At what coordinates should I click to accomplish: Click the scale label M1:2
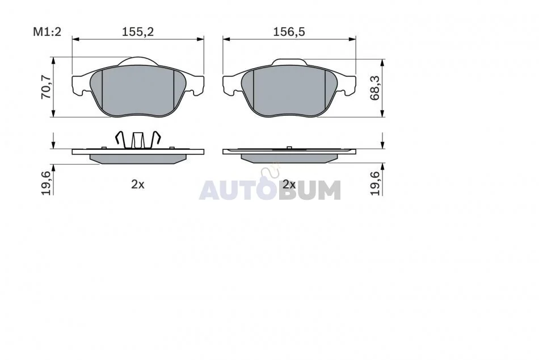[x=47, y=32]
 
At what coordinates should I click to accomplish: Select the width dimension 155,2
[x=138, y=32]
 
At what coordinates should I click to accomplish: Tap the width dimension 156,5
[x=289, y=32]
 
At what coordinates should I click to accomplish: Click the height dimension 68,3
[x=374, y=88]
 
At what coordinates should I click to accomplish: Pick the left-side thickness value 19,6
[x=47, y=183]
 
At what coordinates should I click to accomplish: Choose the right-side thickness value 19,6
[x=375, y=183]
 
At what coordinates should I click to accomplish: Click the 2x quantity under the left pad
[x=138, y=185]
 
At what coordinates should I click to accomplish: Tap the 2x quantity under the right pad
[x=289, y=185]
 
